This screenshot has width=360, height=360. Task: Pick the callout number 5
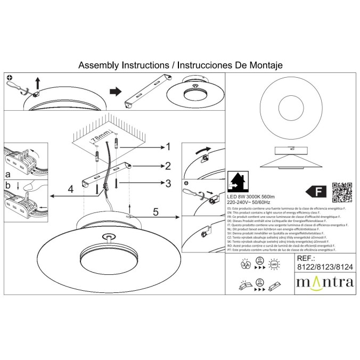click(156, 212)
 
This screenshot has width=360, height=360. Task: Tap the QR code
click(342, 193)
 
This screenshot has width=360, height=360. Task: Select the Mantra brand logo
click(324, 281)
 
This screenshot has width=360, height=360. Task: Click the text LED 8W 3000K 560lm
click(252, 198)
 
